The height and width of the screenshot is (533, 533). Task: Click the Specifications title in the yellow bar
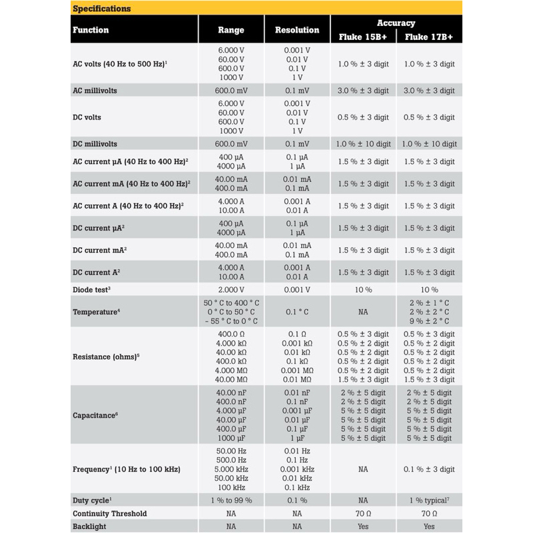101,9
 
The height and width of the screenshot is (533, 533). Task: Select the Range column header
231,30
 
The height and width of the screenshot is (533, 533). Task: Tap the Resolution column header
297,30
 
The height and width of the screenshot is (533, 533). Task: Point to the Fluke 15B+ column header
362,37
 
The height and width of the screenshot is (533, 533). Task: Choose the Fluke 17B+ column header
429,37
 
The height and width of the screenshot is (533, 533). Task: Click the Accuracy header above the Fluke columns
396,23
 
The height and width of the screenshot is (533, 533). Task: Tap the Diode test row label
91,290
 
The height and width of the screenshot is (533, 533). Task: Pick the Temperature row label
96,312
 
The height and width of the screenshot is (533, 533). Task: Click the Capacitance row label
95,415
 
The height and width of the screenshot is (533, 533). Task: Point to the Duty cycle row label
92,500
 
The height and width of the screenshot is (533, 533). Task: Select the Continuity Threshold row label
109,514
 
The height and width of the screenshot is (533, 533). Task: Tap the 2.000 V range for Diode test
231,290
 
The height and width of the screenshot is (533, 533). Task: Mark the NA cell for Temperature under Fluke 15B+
363,312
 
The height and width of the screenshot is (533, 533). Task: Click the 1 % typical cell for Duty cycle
429,500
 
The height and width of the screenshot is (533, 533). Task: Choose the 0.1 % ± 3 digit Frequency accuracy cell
429,470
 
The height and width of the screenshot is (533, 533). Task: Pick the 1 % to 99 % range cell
231,500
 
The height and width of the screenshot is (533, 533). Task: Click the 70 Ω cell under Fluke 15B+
363,514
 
